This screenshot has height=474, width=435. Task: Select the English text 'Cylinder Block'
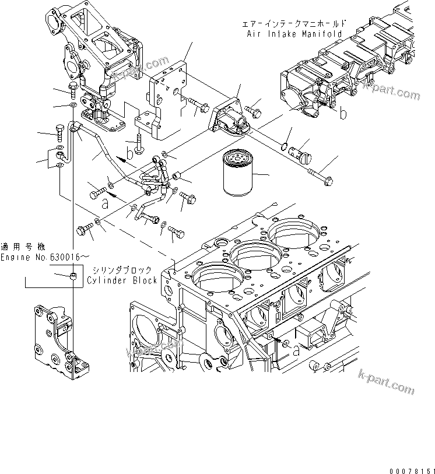pos(122,280)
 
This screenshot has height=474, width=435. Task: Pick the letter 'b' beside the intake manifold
pos(343,113)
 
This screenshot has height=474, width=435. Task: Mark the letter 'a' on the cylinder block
pos(296,351)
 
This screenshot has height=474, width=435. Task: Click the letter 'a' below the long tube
pos(104,204)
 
